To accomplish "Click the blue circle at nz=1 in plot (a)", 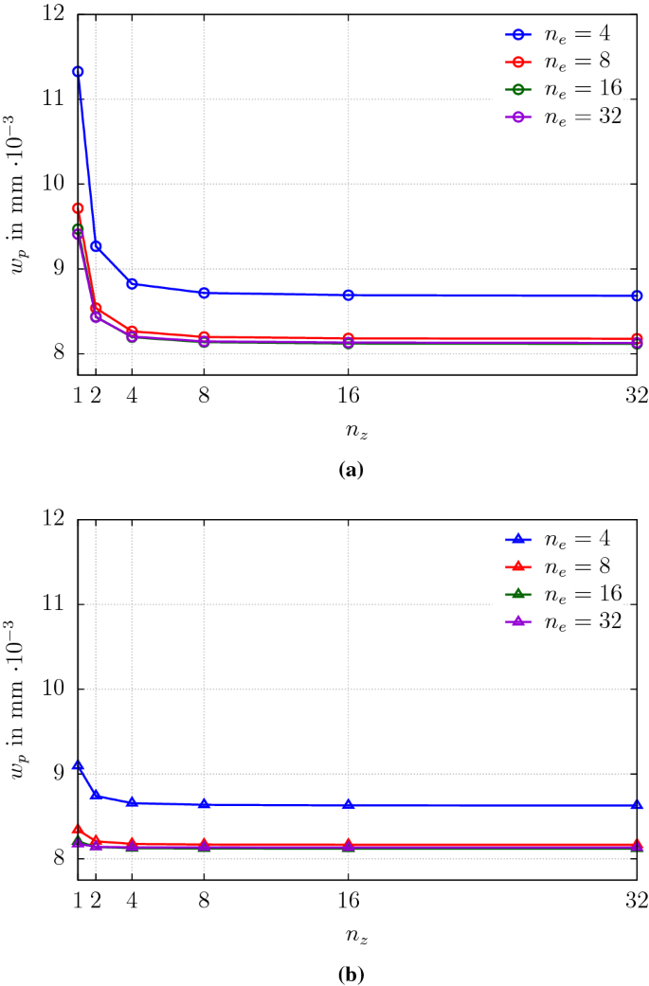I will [x=78, y=71].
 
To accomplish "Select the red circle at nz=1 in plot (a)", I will [x=78, y=207].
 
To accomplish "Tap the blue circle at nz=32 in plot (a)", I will [x=637, y=296].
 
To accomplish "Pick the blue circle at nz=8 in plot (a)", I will [x=204, y=293].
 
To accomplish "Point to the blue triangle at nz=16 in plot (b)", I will [x=349, y=805].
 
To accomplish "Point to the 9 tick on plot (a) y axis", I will [x=60, y=269].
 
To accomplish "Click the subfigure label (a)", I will [x=356, y=469].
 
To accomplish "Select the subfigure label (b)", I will [x=356, y=973].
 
